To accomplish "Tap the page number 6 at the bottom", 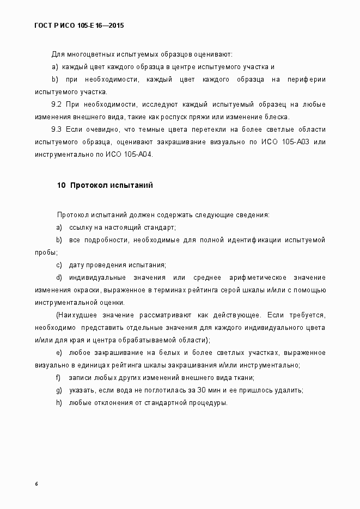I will (x=36, y=483).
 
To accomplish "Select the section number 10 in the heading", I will (x=61, y=185).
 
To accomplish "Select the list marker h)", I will (x=59, y=403).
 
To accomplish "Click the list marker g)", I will (x=59, y=390).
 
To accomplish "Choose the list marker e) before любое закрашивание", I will (x=59, y=353).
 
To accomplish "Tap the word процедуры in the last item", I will (x=208, y=403).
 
